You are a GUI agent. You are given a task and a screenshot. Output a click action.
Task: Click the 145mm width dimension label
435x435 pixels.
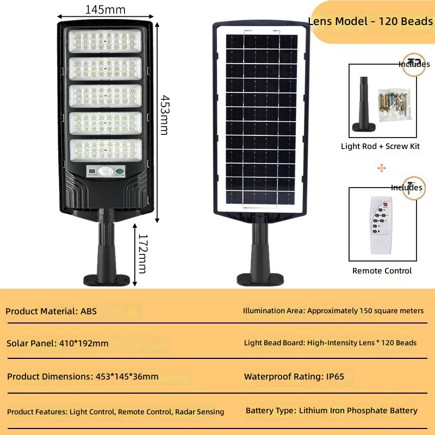click(105, 10)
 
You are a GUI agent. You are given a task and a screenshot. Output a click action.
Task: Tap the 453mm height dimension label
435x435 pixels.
click(165, 115)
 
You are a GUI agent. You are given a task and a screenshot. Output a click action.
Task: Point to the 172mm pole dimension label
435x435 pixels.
click(142, 253)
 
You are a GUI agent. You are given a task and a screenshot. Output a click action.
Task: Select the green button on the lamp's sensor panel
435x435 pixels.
click(120, 171)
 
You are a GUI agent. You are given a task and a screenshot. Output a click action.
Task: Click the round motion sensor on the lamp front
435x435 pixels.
click(105, 171)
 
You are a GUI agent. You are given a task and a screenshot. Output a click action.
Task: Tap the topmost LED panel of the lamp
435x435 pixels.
click(105, 41)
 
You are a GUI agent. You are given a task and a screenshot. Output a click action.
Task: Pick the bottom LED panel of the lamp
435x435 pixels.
click(106, 150)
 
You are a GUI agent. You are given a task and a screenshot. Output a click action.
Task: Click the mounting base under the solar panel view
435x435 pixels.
click(260, 279)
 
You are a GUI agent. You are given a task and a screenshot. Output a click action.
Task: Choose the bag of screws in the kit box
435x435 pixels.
click(394, 104)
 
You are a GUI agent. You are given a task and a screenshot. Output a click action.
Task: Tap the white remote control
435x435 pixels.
click(381, 225)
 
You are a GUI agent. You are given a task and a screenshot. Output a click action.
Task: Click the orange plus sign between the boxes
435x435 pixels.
click(382, 168)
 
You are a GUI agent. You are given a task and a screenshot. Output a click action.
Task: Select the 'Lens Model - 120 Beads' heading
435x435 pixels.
click(371, 21)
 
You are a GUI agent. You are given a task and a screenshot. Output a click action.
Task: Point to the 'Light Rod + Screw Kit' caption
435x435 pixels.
click(380, 146)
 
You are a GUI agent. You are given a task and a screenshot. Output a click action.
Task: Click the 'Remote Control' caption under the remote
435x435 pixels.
click(382, 271)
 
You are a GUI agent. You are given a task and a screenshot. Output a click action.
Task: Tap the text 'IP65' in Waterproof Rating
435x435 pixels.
click(335, 376)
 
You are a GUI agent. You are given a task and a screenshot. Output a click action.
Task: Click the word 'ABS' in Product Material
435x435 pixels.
click(89, 311)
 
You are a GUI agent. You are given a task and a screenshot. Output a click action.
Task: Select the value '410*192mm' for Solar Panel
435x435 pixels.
click(84, 344)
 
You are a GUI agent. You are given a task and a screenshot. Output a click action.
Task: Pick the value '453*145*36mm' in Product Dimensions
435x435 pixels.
click(127, 376)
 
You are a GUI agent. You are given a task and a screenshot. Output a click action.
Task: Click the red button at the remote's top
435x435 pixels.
click(386, 205)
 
